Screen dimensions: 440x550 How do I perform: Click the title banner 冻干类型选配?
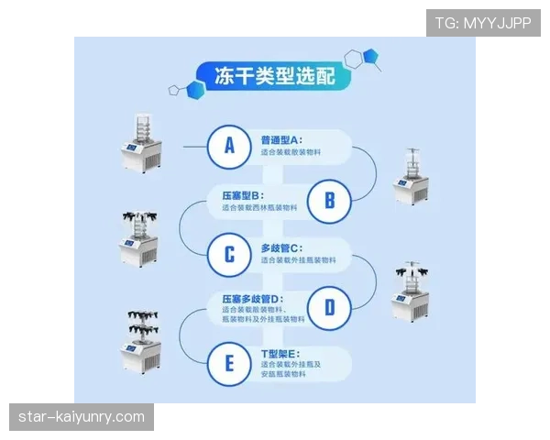[x=274, y=76]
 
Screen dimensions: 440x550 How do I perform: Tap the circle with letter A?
[x=229, y=146]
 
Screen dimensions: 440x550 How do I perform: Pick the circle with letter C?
[x=229, y=254]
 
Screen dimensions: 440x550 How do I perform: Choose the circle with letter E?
[x=229, y=363]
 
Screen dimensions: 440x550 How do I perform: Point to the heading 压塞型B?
[x=243, y=195]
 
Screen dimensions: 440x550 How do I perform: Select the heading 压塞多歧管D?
[x=252, y=299]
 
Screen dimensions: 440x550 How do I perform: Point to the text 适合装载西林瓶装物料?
[x=259, y=208]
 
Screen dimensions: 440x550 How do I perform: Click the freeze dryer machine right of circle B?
[x=412, y=176]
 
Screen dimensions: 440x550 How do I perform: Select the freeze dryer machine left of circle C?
[x=140, y=238]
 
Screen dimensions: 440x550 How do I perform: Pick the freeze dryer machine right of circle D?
[x=412, y=291]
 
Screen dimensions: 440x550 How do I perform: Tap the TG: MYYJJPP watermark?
[x=482, y=23]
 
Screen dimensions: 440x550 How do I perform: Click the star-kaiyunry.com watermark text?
[x=82, y=417]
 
